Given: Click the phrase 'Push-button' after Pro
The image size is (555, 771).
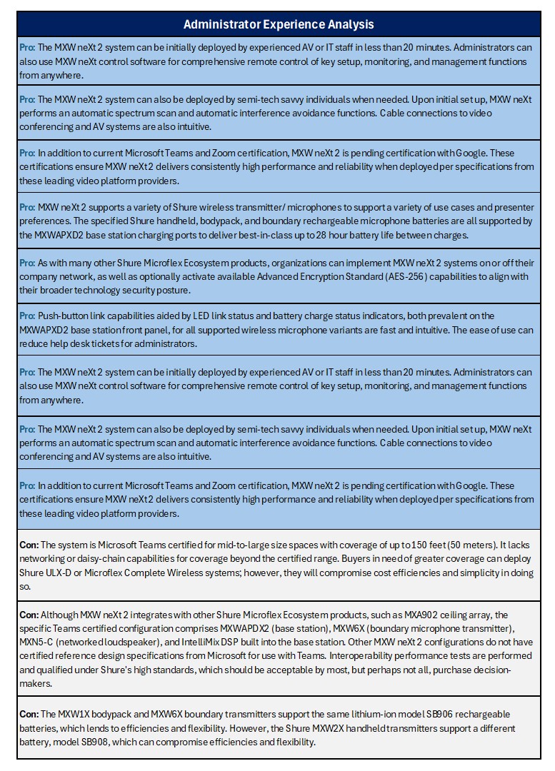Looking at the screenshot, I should (x=64, y=316).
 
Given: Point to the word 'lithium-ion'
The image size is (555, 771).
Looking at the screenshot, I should (x=356, y=714).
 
